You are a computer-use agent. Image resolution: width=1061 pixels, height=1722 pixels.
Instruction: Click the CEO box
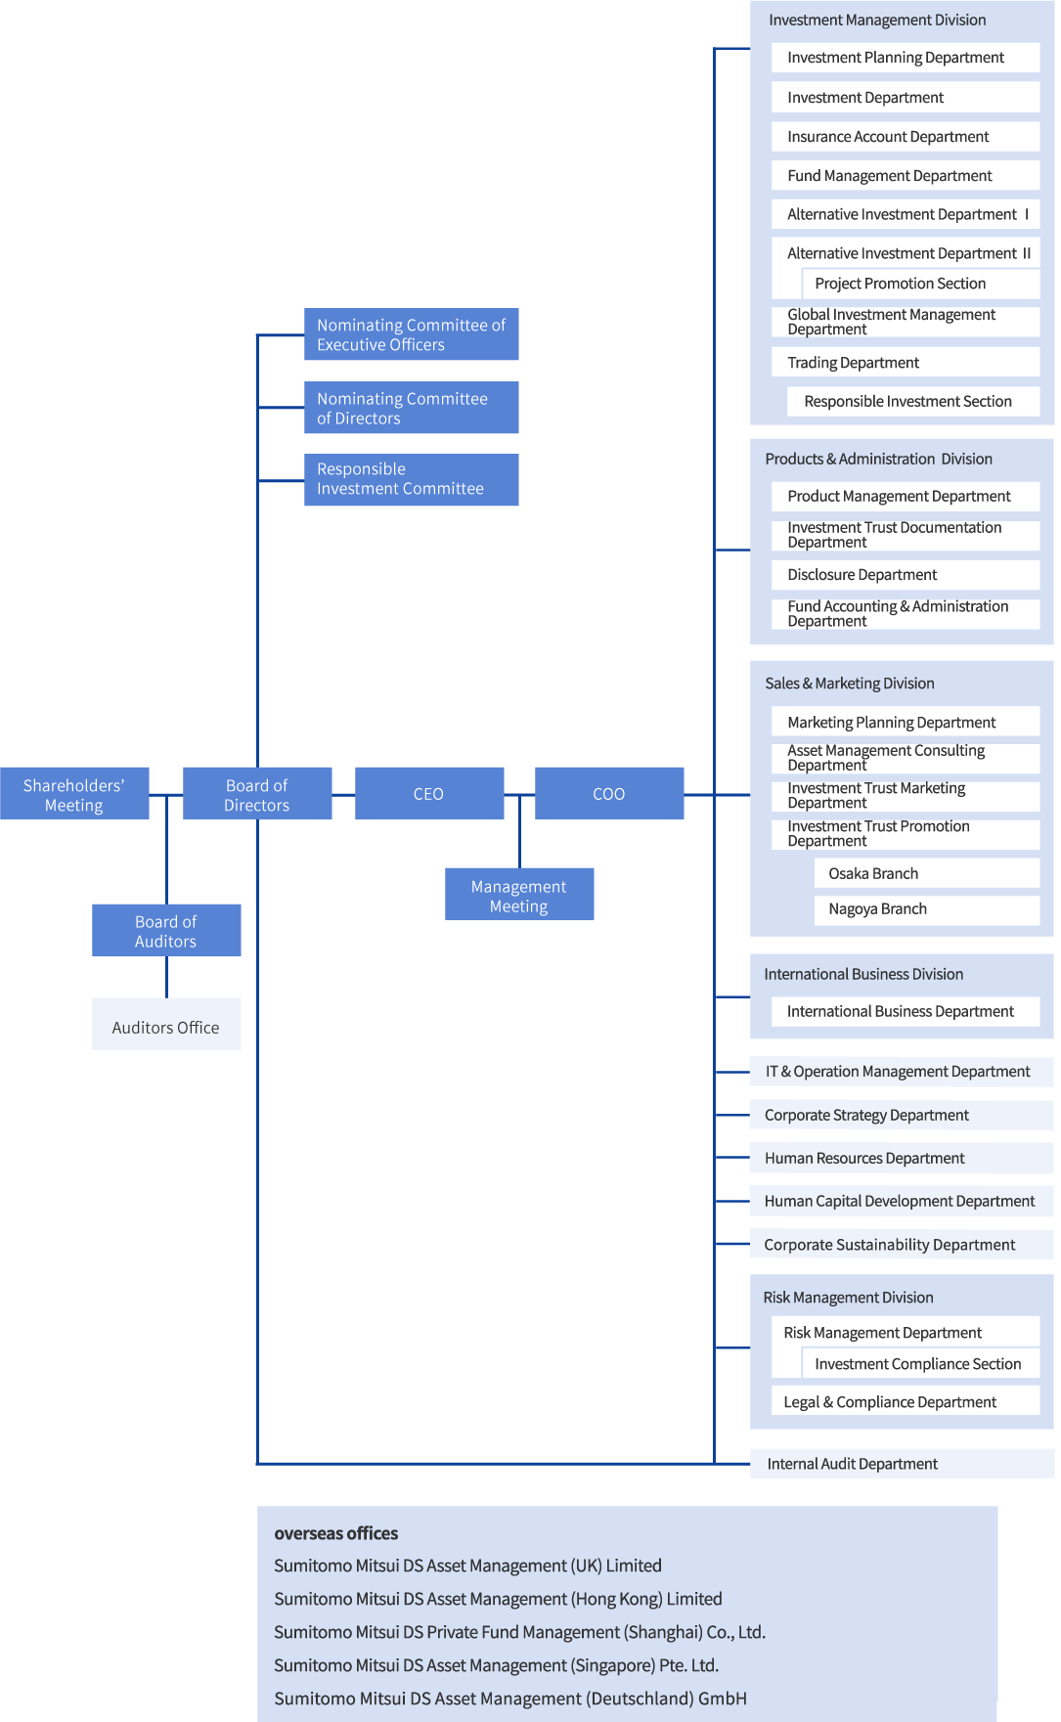pos(429,793)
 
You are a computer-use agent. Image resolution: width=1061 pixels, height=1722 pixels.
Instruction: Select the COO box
pos(609,793)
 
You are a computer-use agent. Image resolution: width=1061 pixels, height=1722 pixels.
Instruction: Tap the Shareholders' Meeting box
pos(74,794)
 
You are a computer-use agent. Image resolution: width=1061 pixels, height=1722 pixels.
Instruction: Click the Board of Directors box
pos(257,794)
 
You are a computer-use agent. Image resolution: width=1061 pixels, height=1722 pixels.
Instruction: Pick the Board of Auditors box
pos(166,930)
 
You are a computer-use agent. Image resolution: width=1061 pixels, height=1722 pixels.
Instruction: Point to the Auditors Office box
pos(166,1025)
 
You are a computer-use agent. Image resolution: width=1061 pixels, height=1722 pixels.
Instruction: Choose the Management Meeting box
pos(519,895)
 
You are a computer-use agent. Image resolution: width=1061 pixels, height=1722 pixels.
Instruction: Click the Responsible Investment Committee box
pos(411,479)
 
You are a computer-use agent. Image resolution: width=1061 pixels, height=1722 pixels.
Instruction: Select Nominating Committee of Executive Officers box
pos(411,334)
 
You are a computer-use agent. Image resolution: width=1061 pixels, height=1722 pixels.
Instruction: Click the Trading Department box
pos(905,362)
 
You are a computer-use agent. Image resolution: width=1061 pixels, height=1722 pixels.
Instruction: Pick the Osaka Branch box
pos(926,873)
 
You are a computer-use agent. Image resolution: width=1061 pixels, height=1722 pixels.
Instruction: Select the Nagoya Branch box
pos(926,908)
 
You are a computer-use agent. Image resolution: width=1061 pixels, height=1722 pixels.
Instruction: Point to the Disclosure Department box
pos(905,574)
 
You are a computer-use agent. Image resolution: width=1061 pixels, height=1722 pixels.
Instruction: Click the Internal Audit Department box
pos(901,1463)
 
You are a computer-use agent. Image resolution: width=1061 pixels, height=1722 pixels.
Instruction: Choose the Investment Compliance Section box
pos(919,1363)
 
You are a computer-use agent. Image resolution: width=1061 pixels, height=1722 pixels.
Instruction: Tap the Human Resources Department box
pos(901,1158)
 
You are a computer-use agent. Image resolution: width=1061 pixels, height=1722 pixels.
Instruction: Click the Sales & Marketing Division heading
pos(850,684)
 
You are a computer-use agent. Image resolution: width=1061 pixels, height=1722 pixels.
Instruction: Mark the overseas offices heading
pos(336,1533)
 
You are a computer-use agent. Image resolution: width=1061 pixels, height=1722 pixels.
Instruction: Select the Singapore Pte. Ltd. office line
pos(496,1665)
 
